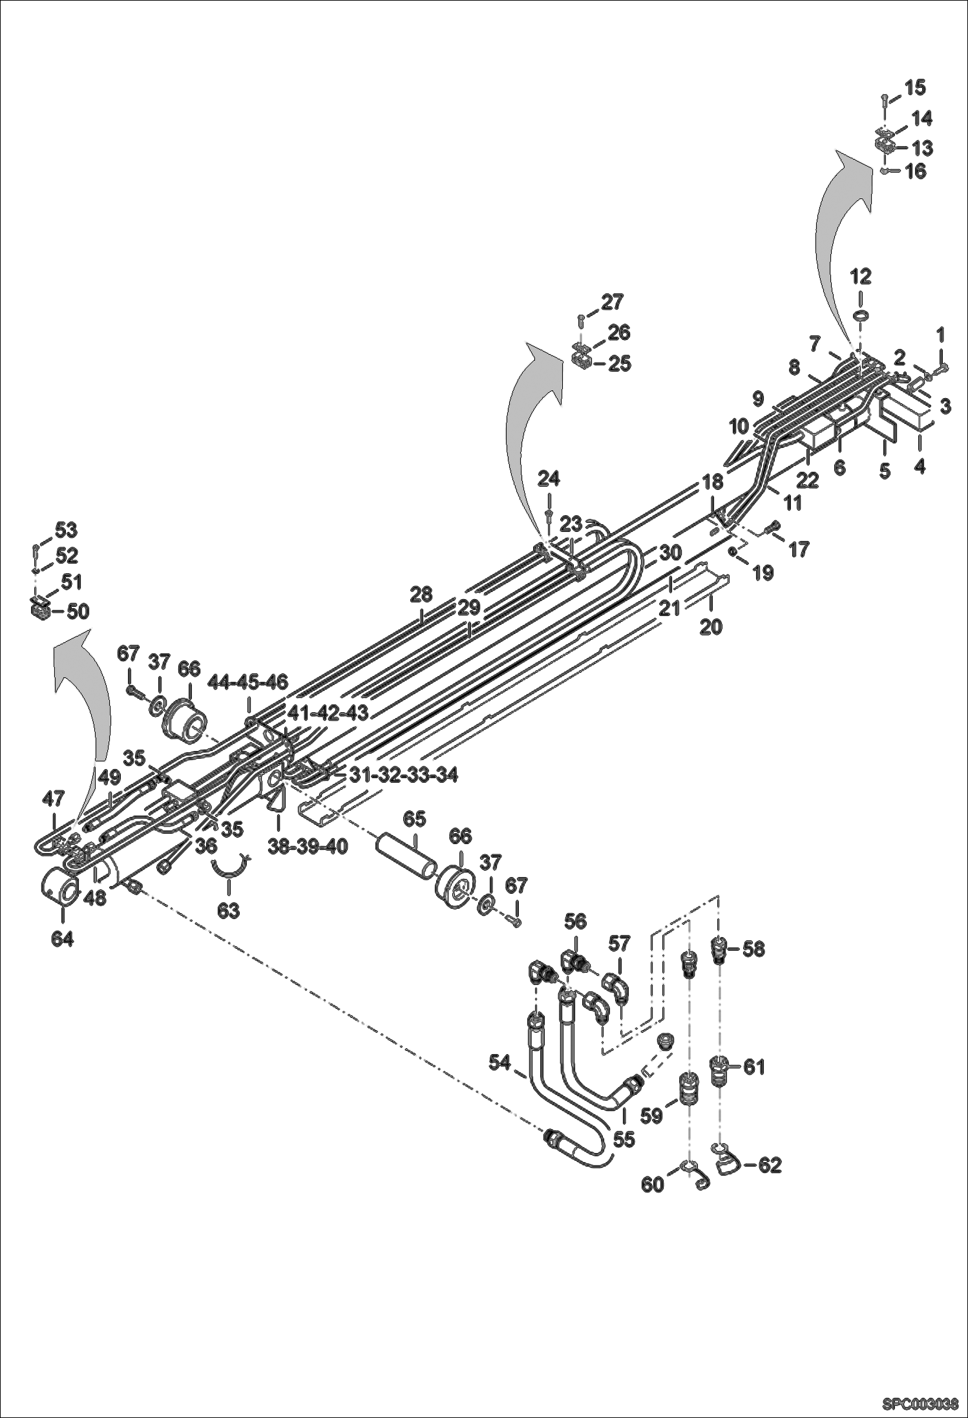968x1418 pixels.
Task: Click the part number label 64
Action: (62, 939)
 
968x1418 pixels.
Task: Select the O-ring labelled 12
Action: (861, 315)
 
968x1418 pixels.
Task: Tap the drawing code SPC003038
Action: (920, 1404)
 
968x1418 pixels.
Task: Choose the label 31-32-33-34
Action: (403, 774)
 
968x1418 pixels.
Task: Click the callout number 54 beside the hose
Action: (500, 1061)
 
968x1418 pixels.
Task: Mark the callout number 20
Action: (711, 626)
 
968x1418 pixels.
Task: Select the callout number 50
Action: (78, 611)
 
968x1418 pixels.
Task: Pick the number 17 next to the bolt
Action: (799, 549)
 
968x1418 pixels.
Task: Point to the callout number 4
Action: (920, 465)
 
